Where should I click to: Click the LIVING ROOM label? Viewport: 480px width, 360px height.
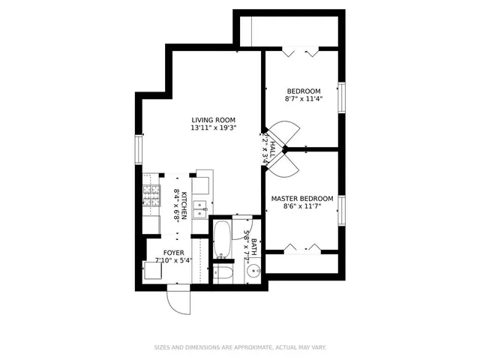tap(213, 120)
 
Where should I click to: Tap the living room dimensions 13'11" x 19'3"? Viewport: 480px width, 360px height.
tap(213, 128)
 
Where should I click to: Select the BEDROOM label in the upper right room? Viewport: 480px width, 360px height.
tap(303, 91)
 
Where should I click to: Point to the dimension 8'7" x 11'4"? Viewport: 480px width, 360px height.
tap(303, 99)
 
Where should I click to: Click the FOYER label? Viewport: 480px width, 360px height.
tap(174, 253)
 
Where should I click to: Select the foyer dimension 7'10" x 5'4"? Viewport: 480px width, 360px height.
tap(174, 261)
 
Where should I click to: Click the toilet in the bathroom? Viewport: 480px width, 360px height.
tap(223, 272)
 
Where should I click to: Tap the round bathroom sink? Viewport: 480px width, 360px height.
tap(250, 272)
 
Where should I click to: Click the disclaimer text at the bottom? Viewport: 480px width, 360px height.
tap(239, 347)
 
